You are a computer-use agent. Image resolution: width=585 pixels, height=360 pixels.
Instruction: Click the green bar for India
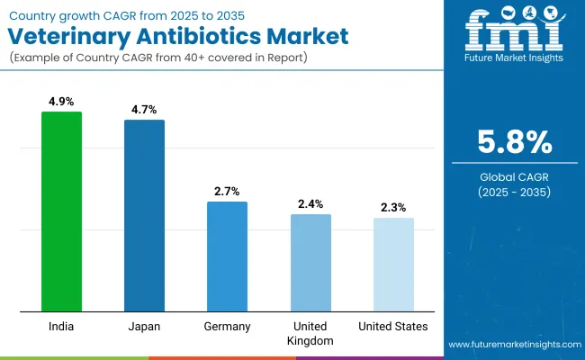(x=61, y=211)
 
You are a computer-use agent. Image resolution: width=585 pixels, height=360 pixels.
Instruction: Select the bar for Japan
(x=144, y=216)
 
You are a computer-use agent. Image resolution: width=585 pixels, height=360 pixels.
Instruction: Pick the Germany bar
(x=227, y=256)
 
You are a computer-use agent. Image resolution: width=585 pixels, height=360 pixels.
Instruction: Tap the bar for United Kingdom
(x=310, y=263)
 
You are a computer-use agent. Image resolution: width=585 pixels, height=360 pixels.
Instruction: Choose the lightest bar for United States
(x=393, y=265)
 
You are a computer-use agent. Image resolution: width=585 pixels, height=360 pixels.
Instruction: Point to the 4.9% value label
(x=61, y=102)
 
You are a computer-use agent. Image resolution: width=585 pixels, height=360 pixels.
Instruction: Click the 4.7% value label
(x=144, y=109)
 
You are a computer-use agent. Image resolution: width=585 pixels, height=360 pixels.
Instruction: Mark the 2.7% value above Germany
(x=227, y=191)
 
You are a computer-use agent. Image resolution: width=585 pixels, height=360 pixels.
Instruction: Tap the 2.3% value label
(x=393, y=207)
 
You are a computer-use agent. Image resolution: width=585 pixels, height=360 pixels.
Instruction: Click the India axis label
(x=61, y=326)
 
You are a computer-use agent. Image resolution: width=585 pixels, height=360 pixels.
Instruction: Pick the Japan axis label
(x=144, y=326)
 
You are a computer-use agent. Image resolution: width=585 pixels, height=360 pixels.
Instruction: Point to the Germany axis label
(x=227, y=326)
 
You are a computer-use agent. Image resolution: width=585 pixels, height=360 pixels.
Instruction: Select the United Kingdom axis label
(x=310, y=333)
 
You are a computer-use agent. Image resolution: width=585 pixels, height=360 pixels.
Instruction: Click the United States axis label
(x=393, y=326)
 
